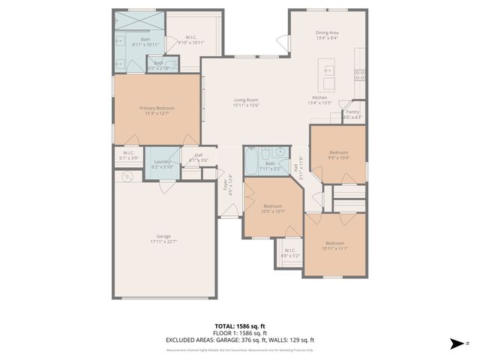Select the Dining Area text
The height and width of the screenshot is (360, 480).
[x=327, y=32]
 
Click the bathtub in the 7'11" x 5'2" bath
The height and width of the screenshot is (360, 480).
[x=251, y=161]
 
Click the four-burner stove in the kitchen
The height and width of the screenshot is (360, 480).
[x=361, y=73]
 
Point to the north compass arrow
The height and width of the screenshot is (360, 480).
[x=456, y=343]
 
